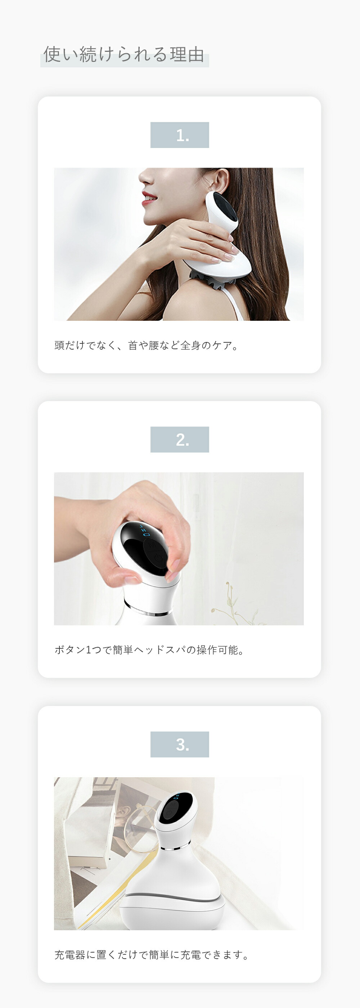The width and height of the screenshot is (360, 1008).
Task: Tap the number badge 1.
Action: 180,135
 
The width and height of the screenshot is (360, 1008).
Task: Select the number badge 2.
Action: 180,440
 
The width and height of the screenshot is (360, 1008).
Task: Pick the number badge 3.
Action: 180,744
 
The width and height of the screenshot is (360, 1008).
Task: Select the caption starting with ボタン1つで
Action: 149,650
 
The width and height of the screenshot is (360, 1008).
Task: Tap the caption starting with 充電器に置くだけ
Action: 152,955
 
